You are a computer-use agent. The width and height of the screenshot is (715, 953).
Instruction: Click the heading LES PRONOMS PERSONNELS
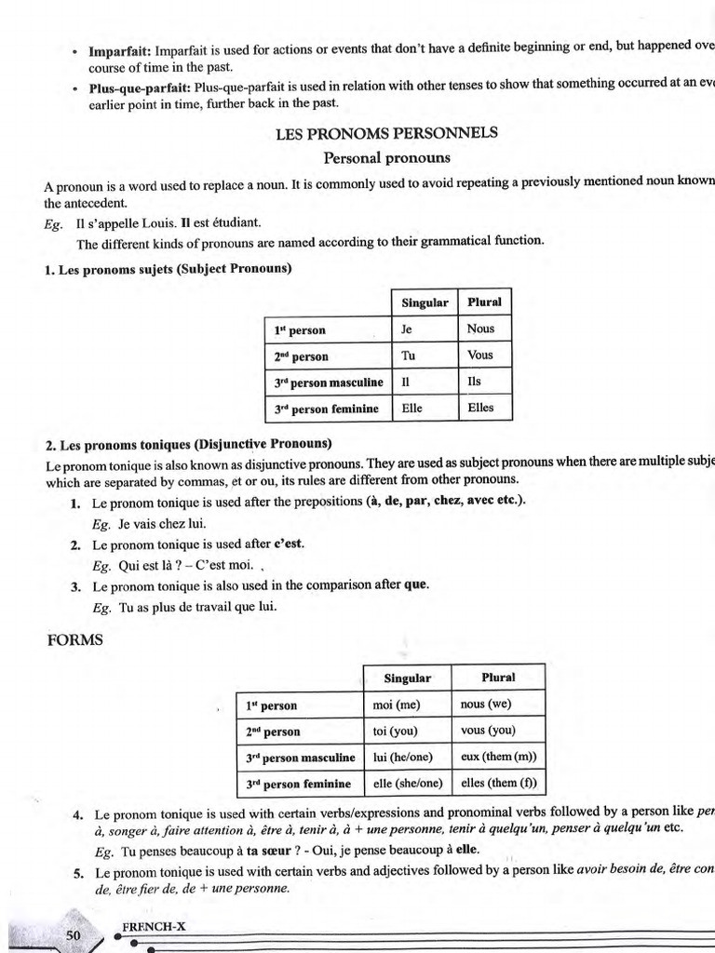386,133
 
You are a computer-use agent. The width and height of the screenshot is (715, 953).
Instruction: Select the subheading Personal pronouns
386,157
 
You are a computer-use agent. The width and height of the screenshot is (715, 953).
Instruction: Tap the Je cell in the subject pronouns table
407,329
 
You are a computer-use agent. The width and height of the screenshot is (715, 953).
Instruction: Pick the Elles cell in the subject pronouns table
480,408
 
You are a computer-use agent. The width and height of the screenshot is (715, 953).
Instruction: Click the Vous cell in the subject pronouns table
480,355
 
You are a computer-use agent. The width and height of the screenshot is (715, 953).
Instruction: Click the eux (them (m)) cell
498,757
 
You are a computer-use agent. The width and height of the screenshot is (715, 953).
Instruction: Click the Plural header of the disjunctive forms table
498,677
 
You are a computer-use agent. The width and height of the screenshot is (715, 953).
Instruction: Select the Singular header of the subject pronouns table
425,302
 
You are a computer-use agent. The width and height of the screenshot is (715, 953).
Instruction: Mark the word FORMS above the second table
74,640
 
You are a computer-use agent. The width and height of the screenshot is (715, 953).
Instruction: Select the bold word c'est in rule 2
289,544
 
